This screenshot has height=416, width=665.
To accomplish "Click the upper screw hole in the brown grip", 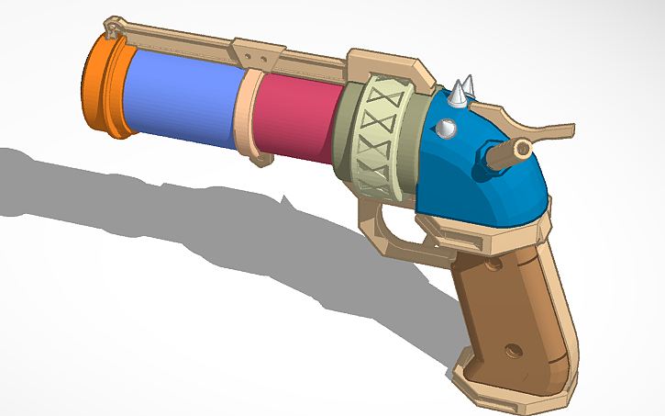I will click(493, 266).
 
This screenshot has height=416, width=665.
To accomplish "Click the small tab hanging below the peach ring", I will click(263, 159).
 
